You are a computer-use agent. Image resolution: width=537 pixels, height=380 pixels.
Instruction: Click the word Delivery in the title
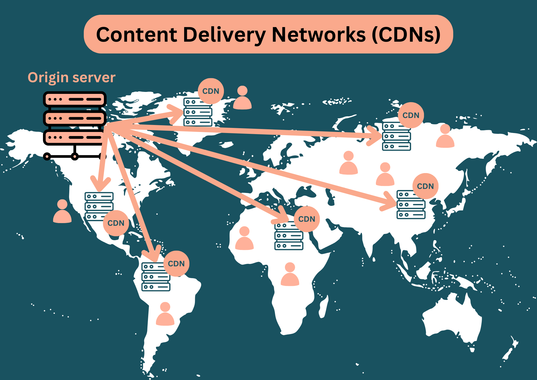pos(224,35)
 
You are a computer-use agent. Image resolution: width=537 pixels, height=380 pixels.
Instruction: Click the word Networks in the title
pos(319,35)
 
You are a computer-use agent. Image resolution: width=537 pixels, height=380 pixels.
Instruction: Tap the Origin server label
pos(72,78)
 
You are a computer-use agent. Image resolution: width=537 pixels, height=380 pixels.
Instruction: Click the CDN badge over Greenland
pos(211,91)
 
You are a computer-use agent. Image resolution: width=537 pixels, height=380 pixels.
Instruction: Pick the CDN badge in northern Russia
pos(411,115)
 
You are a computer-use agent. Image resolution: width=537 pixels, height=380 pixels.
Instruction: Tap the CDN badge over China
pos(425,186)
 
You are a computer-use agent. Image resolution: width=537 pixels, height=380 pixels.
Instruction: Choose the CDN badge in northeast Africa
pos(307,219)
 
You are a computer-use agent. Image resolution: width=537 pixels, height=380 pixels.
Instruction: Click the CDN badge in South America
pos(176,264)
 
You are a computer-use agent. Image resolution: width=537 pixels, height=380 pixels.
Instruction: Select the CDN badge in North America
pos(116,223)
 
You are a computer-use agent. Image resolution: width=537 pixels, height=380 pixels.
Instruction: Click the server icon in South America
pos(156,277)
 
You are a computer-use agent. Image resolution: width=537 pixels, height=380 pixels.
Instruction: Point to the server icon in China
pos(411,205)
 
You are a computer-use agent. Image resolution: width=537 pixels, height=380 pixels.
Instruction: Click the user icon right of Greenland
pos(242,98)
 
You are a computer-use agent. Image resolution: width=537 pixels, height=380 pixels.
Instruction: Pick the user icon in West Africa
pos(244,238)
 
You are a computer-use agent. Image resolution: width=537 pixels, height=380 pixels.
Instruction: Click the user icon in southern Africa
pos(290,274)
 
